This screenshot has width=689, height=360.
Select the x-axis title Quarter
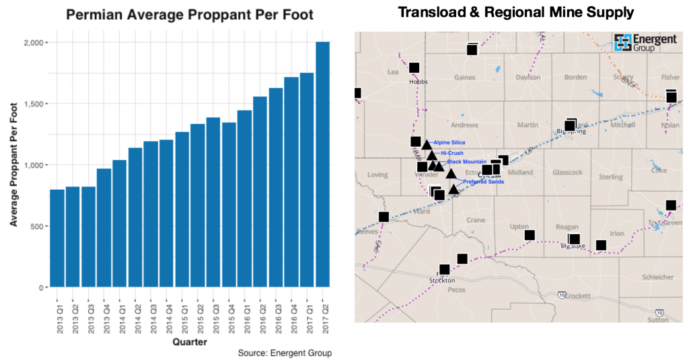click(x=190, y=342)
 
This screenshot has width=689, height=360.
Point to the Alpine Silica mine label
click(x=449, y=143)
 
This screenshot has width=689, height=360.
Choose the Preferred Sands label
click(x=483, y=182)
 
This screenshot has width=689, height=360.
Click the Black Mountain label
click(x=466, y=162)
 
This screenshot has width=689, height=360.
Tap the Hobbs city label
click(x=418, y=81)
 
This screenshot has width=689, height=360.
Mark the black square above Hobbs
click(x=414, y=68)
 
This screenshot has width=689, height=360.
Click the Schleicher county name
click(x=658, y=277)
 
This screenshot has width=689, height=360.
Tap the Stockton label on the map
click(x=442, y=280)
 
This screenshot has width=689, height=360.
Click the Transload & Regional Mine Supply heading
click(x=516, y=12)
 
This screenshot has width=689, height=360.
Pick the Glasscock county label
click(x=567, y=173)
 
